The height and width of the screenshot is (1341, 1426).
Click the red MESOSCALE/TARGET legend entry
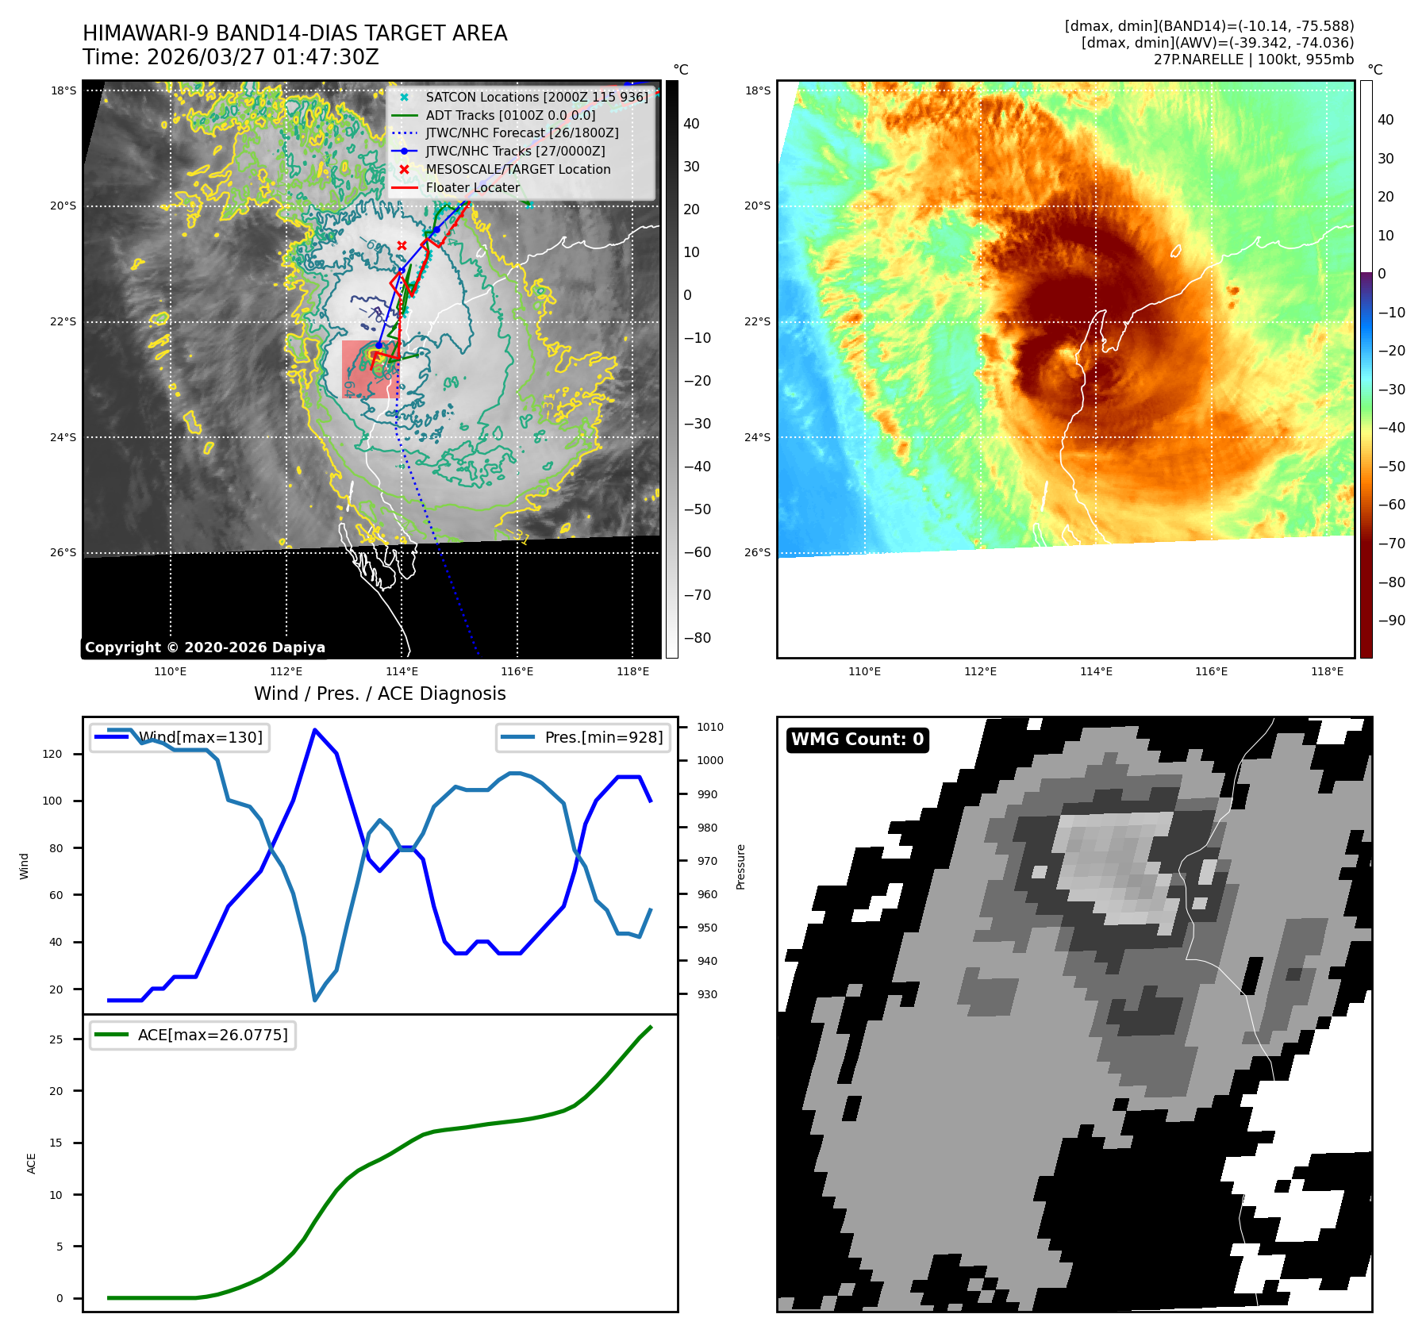pos(517,169)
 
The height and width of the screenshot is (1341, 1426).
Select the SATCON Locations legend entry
pos(536,97)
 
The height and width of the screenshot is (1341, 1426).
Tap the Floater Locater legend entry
pos(473,187)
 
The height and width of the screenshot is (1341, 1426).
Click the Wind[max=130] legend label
pos(200,737)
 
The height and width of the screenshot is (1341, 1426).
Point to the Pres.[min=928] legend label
pos(603,737)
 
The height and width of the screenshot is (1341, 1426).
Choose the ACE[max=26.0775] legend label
pos(213,1035)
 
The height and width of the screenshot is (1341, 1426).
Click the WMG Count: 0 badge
pos(857,740)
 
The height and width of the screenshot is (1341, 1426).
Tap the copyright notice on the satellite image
pos(205,647)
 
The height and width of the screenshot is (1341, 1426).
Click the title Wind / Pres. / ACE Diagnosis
pos(379,694)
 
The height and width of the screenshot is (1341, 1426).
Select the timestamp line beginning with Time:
pos(230,57)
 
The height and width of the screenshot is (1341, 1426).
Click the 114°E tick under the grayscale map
pos(402,671)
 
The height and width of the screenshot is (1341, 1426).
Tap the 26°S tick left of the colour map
pos(757,552)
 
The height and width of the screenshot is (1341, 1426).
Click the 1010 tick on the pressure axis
pos(709,727)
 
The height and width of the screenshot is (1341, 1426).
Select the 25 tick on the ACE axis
pos(56,1039)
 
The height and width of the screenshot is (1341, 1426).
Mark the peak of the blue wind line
pos(315,729)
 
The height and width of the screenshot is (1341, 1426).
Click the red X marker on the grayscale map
pos(402,246)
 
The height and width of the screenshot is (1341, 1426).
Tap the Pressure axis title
pos(740,866)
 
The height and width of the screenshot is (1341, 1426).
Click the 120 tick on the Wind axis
pos(52,754)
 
